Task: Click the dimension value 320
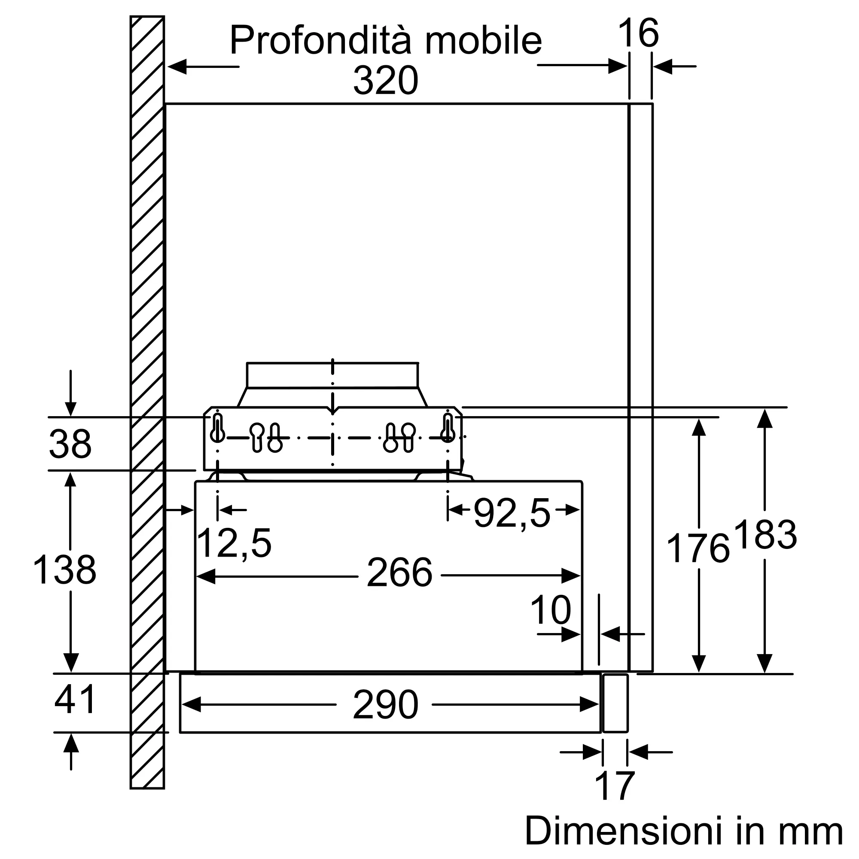pos(386,80)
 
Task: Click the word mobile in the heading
pos(483,40)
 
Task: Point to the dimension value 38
pos(70,444)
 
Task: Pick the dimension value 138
pos(64,570)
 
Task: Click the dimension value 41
pos(75,699)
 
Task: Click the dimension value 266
pos(399,573)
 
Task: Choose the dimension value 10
pos(551,610)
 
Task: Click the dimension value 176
pos(698,548)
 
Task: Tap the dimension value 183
pos(765,534)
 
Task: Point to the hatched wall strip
pos(147,402)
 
